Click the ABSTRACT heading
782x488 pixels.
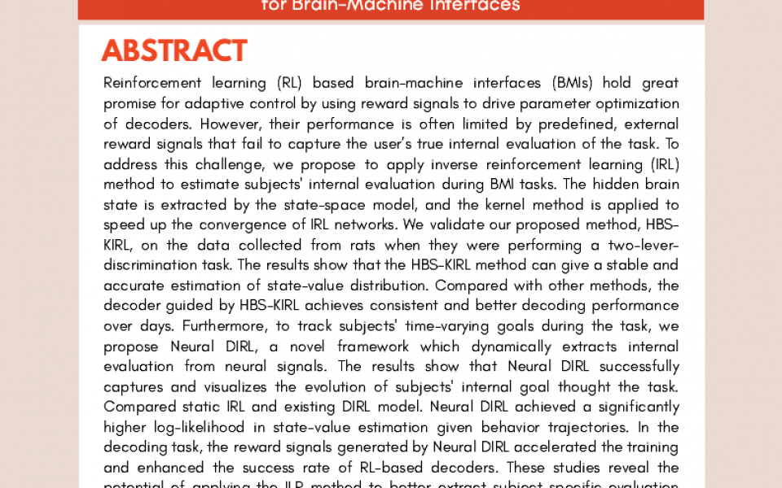click(174, 50)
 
